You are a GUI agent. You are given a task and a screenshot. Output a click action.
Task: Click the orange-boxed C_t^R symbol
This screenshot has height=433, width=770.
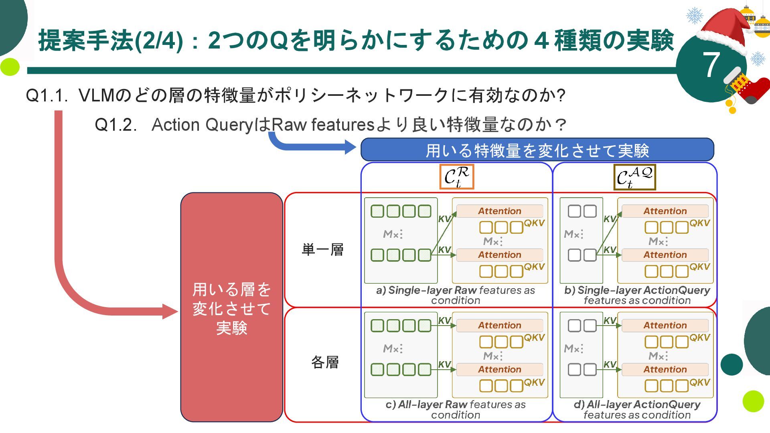pyautogui.click(x=456, y=176)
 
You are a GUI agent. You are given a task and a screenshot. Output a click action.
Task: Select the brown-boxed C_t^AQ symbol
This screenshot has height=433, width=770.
pyautogui.click(x=634, y=177)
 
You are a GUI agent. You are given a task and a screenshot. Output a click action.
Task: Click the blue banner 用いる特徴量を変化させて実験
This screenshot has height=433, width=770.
pyautogui.click(x=537, y=150)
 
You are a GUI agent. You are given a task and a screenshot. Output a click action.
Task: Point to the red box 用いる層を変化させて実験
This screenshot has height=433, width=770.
pyautogui.click(x=231, y=308)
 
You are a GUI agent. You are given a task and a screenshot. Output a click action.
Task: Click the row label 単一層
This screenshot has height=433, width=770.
pyautogui.click(x=322, y=250)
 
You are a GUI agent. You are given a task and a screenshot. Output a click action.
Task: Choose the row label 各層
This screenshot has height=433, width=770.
pyautogui.click(x=325, y=362)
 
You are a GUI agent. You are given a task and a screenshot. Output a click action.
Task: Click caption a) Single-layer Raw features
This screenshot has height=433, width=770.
pyautogui.click(x=456, y=295)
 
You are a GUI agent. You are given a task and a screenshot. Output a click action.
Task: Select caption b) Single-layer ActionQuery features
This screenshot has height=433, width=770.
pyautogui.click(x=637, y=295)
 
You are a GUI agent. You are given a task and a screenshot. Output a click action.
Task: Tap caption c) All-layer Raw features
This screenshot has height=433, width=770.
pyautogui.click(x=456, y=409)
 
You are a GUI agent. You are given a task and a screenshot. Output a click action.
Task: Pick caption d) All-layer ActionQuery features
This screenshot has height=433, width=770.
pyautogui.click(x=637, y=409)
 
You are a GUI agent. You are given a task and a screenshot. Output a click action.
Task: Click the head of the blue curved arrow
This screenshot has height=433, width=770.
pyautogui.click(x=350, y=147)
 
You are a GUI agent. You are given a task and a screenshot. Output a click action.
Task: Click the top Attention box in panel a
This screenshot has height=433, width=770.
pyautogui.click(x=499, y=211)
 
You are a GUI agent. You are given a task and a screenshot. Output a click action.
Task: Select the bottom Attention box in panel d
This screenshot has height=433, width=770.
pyautogui.click(x=665, y=369)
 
